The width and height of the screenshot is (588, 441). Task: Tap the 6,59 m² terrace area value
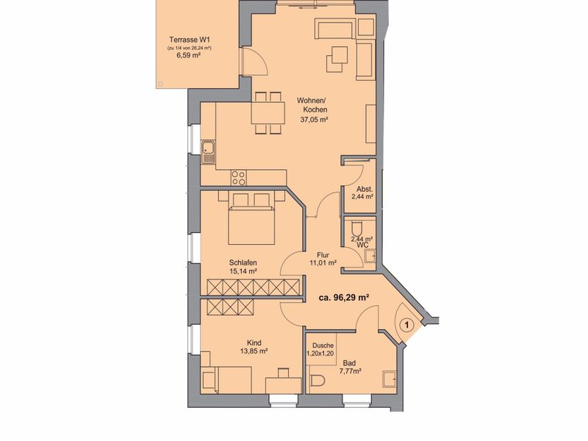(188, 56)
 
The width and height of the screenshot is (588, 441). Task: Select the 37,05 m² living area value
(315, 120)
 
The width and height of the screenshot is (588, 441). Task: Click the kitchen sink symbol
(208, 152)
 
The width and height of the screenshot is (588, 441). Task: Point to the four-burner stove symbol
(238, 177)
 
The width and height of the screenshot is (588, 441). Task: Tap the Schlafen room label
(243, 263)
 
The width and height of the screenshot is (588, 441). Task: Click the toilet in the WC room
(356, 228)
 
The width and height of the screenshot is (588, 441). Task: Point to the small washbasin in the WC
(370, 256)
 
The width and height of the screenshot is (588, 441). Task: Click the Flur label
(323, 255)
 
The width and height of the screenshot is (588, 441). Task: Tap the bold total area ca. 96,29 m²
(343, 298)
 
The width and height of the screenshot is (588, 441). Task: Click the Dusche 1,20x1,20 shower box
(320, 349)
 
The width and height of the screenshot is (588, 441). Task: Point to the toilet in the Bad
(316, 380)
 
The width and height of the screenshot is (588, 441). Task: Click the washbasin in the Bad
(389, 379)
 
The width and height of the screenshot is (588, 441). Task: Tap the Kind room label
(254, 343)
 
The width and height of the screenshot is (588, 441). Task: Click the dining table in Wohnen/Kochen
(268, 113)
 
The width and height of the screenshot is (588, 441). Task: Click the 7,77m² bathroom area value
(351, 372)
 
